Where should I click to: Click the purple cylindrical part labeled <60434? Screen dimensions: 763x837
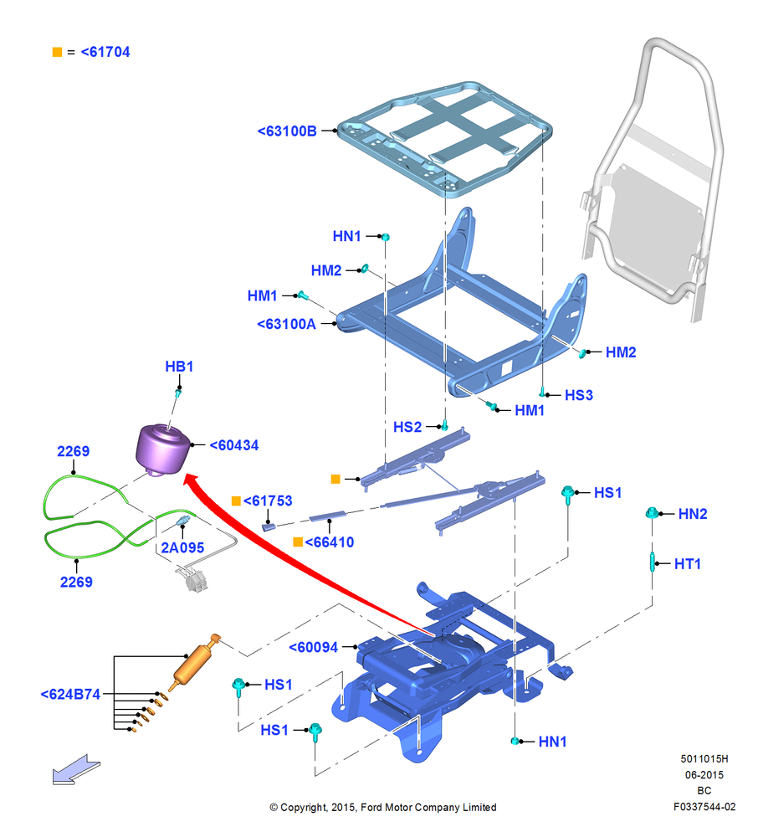pyautogui.click(x=162, y=449)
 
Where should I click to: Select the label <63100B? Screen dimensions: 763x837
pyautogui.click(x=287, y=131)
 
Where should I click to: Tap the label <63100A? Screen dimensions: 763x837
pyautogui.click(x=286, y=324)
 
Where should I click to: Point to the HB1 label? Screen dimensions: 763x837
pyautogui.click(x=179, y=367)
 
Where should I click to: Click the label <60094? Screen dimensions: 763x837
pyautogui.click(x=313, y=647)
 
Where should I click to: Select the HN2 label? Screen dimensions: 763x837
pyautogui.click(x=693, y=514)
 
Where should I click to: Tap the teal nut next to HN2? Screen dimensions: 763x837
pyautogui.click(x=652, y=514)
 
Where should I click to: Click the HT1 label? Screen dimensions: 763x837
pyautogui.click(x=687, y=563)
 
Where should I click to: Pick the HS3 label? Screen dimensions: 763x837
pyautogui.click(x=579, y=395)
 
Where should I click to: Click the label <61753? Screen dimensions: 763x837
pyautogui.click(x=268, y=501)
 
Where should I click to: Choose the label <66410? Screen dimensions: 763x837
pyautogui.click(x=329, y=542)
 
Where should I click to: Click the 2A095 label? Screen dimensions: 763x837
pyautogui.click(x=182, y=547)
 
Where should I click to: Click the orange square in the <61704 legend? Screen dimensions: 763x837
pyautogui.click(x=57, y=52)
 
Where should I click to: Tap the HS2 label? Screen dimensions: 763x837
pyautogui.click(x=407, y=427)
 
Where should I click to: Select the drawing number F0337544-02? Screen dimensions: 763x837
pyautogui.click(x=704, y=807)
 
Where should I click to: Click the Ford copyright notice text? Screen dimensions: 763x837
pyautogui.click(x=383, y=807)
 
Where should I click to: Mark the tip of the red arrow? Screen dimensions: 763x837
pyautogui.click(x=183, y=475)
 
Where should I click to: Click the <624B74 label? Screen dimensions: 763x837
pyautogui.click(x=70, y=694)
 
